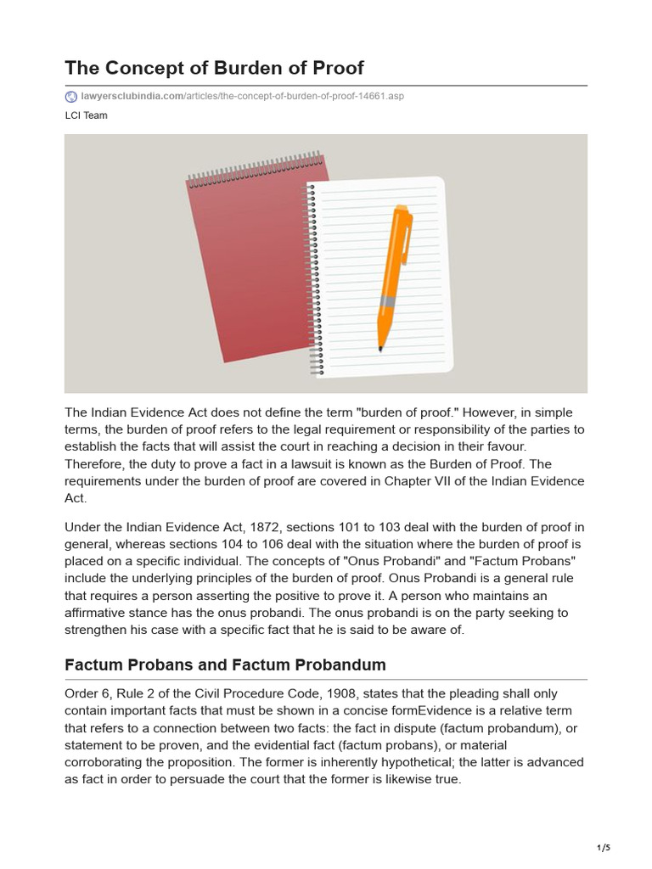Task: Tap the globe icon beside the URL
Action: pyautogui.click(x=70, y=96)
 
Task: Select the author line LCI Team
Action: pyautogui.click(x=86, y=115)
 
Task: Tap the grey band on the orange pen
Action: pyautogui.click(x=387, y=301)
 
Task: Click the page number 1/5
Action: pyautogui.click(x=604, y=847)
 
